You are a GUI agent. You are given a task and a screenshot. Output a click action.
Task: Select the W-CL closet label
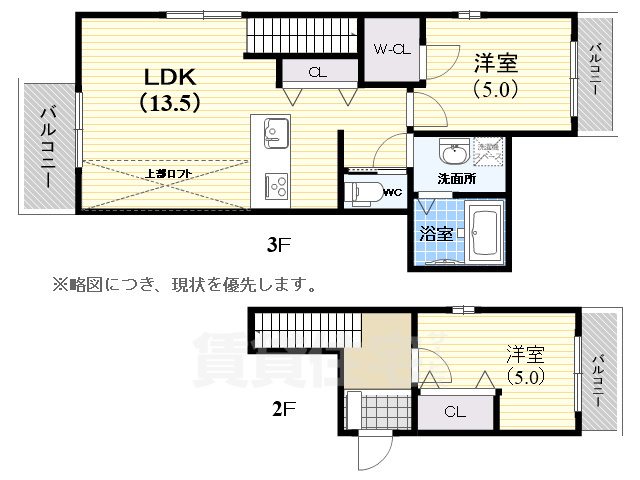pos(391,48)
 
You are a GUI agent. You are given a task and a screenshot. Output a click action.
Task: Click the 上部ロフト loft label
pos(166,173)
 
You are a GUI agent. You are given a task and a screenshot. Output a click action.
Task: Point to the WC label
pos(393,189)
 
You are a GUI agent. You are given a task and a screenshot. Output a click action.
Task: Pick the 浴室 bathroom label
pos(436,234)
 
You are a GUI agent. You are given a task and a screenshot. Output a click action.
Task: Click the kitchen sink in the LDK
pos(276,131)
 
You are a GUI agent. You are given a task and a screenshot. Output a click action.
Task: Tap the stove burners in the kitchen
pos(276,185)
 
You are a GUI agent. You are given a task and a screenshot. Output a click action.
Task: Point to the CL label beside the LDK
pos(317,71)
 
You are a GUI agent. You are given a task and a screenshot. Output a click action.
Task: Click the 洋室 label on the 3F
pos(496,62)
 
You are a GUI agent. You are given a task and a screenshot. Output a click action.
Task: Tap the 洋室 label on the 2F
pos(526,354)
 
